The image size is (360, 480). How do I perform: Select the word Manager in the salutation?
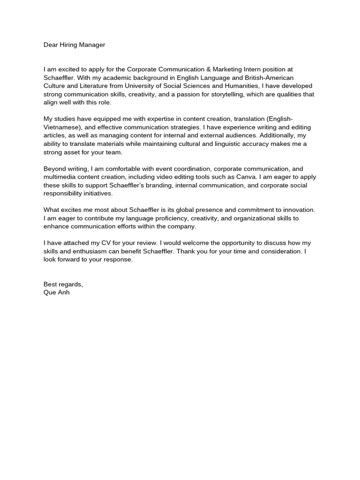[x=93, y=45]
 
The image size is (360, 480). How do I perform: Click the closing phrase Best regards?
[x=63, y=285]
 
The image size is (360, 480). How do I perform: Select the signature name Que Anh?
[x=56, y=292]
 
